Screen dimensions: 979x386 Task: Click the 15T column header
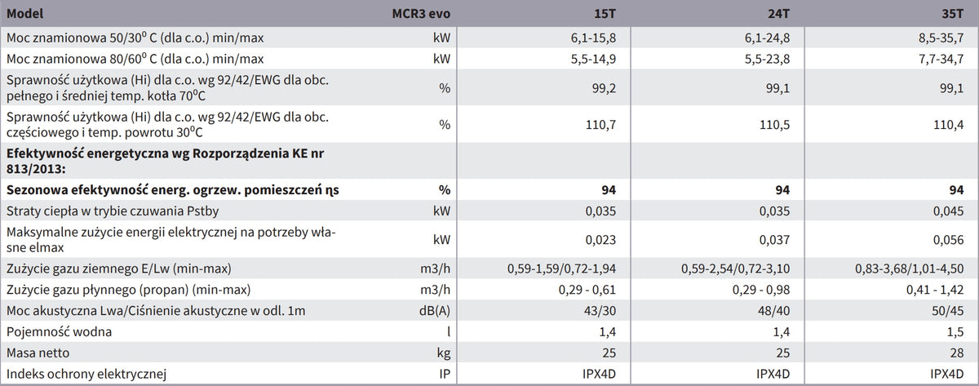(605, 14)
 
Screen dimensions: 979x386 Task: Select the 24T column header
(778, 14)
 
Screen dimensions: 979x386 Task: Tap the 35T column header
(952, 14)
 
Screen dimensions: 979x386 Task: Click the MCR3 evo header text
(421, 14)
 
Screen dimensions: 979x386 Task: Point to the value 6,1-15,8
(593, 38)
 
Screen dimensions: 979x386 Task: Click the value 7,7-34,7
(941, 59)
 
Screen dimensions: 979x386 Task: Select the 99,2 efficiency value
(604, 88)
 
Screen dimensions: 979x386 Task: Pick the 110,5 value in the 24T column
(774, 125)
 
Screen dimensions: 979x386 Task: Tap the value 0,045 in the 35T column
(948, 211)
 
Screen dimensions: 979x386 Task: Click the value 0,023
(600, 240)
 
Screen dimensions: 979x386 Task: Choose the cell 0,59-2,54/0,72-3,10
(735, 268)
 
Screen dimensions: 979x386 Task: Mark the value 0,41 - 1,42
(935, 290)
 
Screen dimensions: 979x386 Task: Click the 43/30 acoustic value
(600, 311)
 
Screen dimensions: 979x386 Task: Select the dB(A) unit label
(434, 311)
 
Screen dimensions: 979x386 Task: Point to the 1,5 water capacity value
(955, 332)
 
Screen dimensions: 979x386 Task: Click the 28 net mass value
(957, 353)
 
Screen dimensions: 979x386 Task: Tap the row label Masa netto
(38, 353)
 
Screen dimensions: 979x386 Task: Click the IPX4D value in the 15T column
(599, 374)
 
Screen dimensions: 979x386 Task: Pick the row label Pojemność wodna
(59, 332)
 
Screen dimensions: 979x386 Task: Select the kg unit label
(444, 353)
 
